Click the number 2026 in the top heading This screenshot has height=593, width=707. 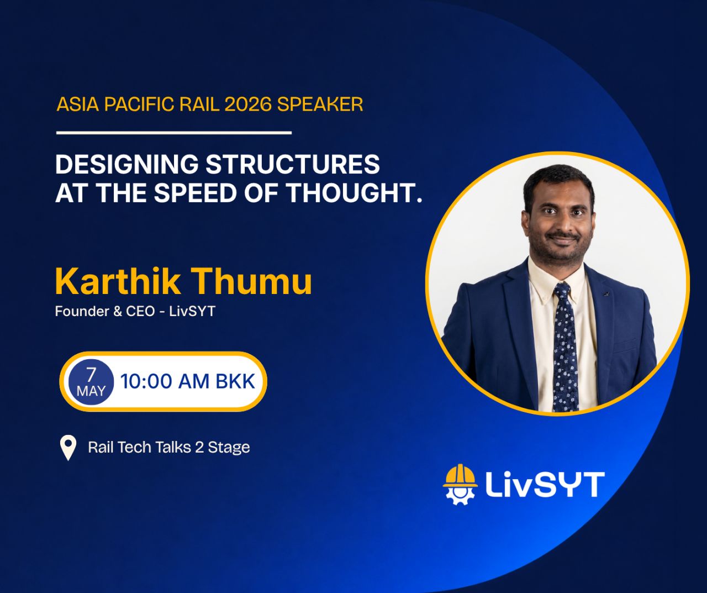click(248, 104)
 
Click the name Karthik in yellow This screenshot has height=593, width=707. click(118, 281)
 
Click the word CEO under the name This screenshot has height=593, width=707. click(140, 311)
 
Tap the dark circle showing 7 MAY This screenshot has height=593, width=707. click(91, 381)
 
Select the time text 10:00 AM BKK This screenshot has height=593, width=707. click(187, 381)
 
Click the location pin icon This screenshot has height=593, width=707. click(68, 448)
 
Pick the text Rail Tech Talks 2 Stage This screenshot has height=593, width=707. click(169, 447)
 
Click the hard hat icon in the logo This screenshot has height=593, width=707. click(460, 476)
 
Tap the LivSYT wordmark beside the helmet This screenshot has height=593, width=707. click(545, 485)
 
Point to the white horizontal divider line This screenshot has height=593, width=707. click(174, 133)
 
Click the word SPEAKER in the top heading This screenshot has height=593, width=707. click(320, 104)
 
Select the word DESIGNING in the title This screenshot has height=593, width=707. click(127, 164)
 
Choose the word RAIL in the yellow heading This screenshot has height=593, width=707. click(199, 104)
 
